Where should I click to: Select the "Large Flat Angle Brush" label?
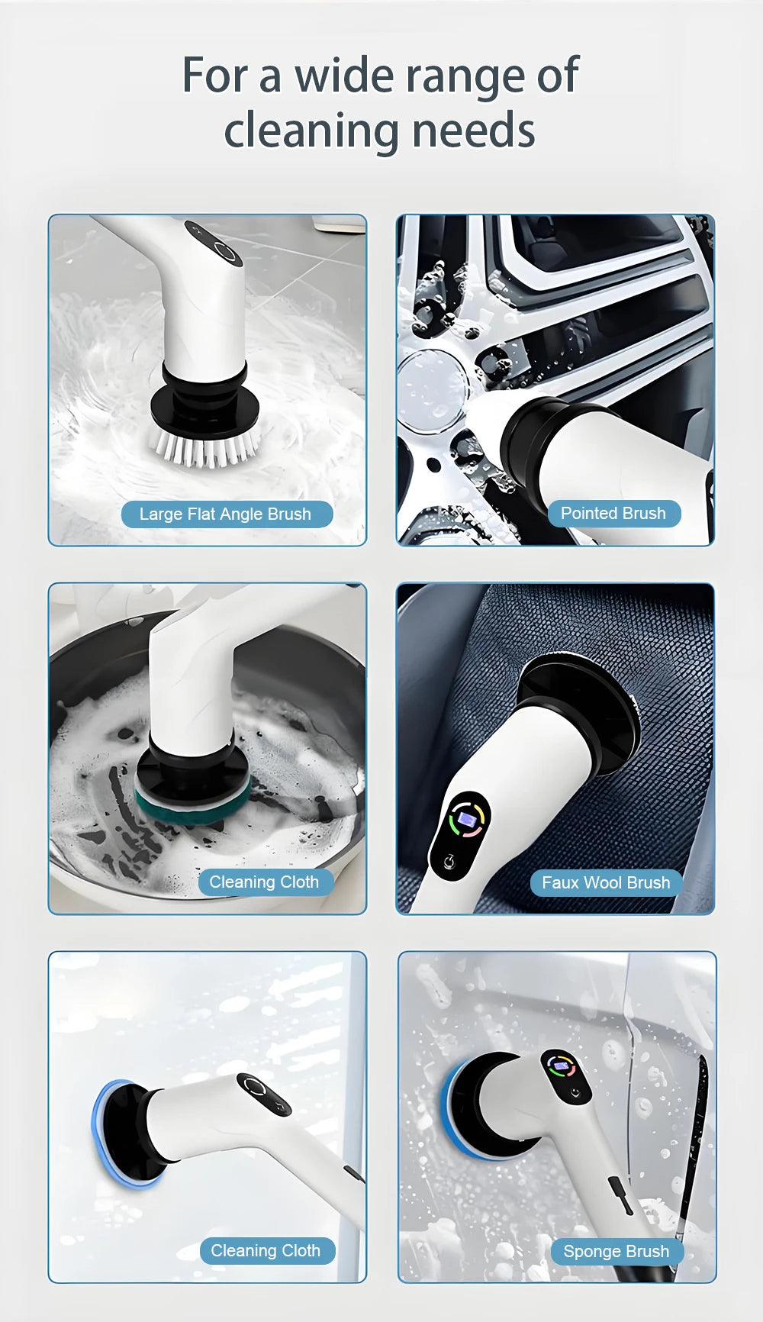226,514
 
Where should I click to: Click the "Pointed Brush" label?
613,513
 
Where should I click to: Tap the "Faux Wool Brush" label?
606,882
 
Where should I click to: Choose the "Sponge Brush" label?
616,1251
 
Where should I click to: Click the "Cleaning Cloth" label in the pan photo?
264,882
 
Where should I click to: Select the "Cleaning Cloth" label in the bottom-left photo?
265,1250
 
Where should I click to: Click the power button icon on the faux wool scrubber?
449,860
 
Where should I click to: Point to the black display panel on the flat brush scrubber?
214,243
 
